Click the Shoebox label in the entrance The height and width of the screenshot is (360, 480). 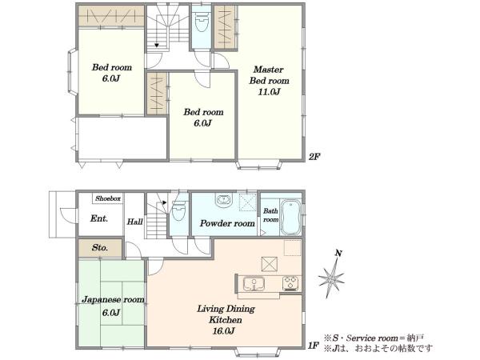point(108,198)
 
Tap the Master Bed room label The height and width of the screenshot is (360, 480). point(269,75)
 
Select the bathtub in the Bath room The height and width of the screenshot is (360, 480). point(290,218)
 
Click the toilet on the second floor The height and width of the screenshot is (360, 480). point(201,22)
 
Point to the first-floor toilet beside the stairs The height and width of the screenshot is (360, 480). point(178,210)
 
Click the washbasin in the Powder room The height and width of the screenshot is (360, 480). point(224,200)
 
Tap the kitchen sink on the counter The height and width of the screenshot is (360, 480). point(254,284)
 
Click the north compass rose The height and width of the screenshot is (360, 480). point(331,278)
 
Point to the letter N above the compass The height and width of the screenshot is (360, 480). point(338,254)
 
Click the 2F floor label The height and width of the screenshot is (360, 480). point(314,157)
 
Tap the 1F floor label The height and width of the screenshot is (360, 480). point(314,346)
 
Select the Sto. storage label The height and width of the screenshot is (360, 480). point(100,247)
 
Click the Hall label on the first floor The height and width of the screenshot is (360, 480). point(135,222)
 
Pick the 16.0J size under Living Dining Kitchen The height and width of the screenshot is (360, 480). point(224,331)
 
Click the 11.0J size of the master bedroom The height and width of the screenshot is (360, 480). point(269,92)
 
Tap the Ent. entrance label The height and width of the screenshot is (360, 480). point(99,218)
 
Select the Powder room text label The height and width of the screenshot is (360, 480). point(227,223)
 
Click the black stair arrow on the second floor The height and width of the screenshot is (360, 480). point(157,46)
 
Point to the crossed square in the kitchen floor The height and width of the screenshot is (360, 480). point(270,264)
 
